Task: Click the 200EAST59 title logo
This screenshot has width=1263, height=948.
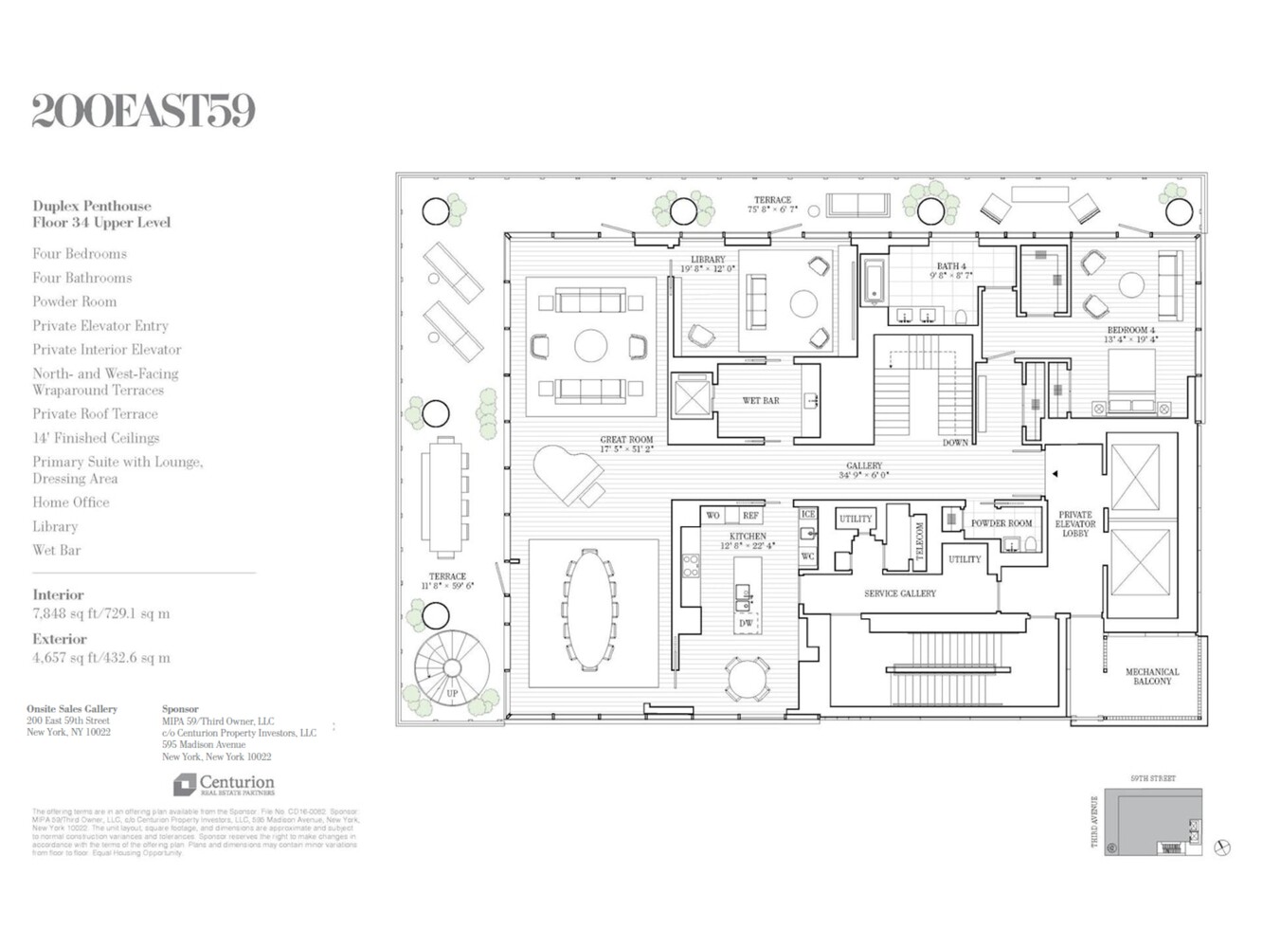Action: click(x=143, y=111)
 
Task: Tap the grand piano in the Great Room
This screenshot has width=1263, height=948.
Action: click(x=568, y=475)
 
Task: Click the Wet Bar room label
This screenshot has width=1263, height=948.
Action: click(x=760, y=401)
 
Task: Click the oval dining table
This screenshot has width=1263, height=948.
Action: click(x=590, y=609)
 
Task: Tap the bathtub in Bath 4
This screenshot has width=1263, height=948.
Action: click(x=874, y=282)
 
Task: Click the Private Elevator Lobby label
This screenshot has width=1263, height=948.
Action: click(x=1074, y=524)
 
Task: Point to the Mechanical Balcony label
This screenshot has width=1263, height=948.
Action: click(x=1151, y=676)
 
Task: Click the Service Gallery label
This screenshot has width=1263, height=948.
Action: click(x=899, y=593)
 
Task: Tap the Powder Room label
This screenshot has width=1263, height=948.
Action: click(x=1001, y=523)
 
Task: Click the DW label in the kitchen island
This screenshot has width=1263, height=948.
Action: click(x=746, y=623)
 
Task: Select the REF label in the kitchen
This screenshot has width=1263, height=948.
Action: click(x=749, y=516)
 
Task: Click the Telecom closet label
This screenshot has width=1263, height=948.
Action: click(x=918, y=542)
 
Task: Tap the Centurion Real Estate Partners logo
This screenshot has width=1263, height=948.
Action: click(x=225, y=785)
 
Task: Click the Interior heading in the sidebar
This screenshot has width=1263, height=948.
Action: click(x=58, y=595)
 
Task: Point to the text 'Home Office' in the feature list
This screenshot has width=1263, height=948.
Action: click(x=71, y=502)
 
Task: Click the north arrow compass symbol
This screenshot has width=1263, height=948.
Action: click(x=1222, y=848)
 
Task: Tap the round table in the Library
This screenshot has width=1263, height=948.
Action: click(x=803, y=303)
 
